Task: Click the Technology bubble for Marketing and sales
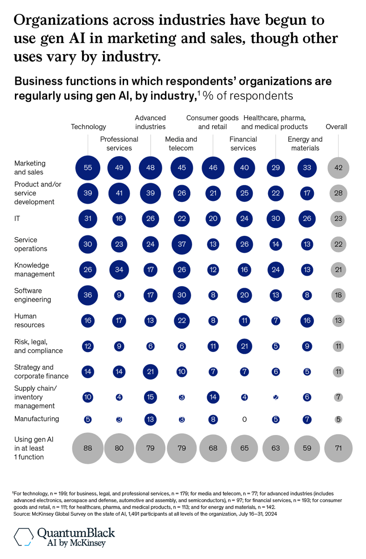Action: point(88,168)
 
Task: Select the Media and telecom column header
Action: point(181,144)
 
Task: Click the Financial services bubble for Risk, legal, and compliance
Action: point(244,346)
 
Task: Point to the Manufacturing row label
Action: point(37,419)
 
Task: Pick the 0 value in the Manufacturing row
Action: point(244,419)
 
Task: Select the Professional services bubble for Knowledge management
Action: point(119,270)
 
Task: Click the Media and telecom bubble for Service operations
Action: point(182,245)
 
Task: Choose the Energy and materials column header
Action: point(305,144)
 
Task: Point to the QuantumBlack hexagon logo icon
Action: point(23,537)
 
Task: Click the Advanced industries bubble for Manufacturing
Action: point(151,419)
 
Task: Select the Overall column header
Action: point(336,126)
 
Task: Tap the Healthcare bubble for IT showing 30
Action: point(276,219)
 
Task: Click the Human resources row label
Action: point(30,321)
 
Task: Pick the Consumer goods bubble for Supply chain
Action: point(213,397)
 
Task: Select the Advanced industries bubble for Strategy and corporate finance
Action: point(151,372)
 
